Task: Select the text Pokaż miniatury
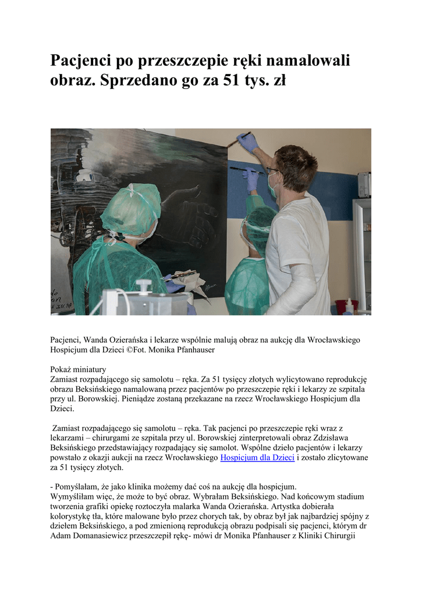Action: [x=78, y=369]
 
